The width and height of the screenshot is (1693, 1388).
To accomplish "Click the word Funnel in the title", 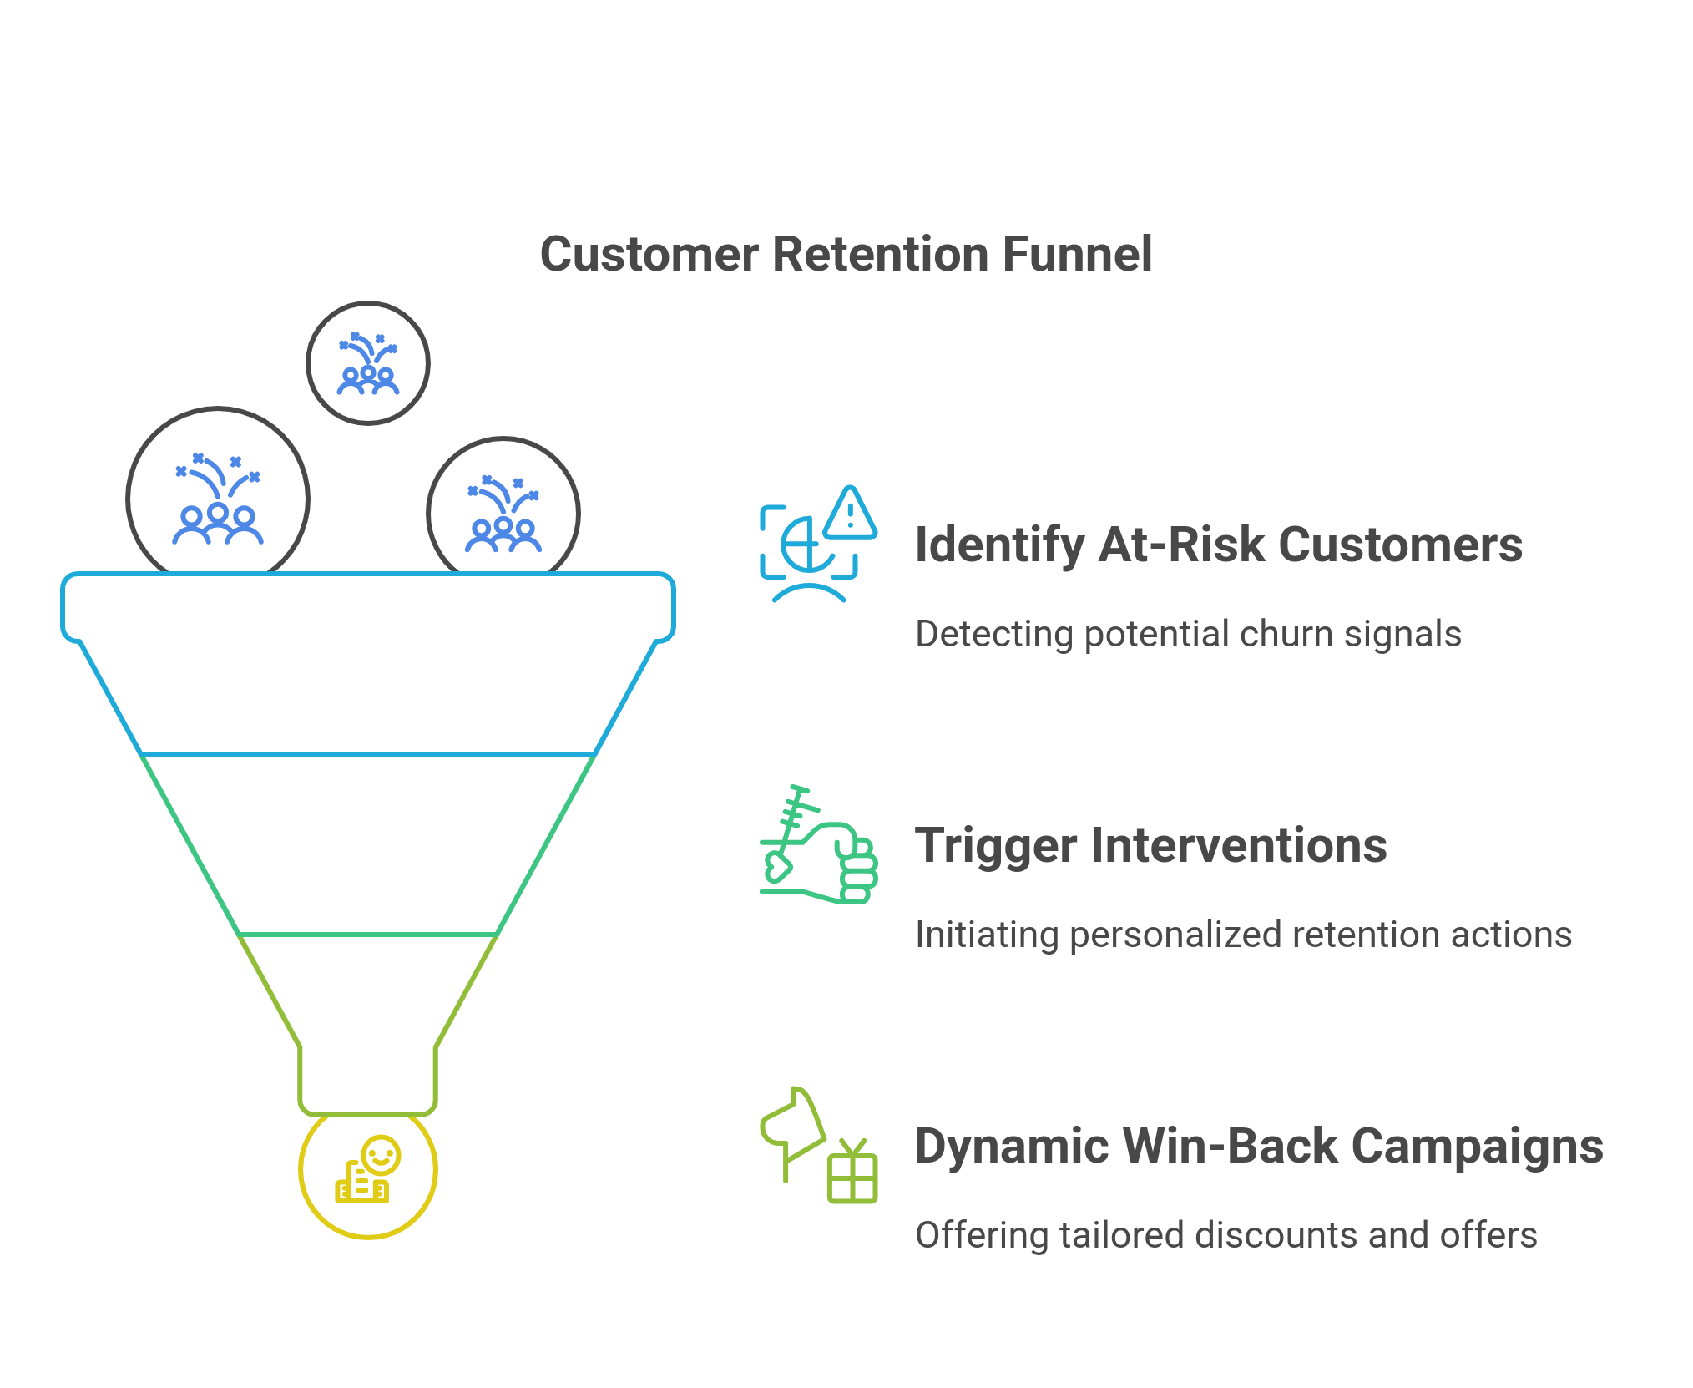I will pos(1077,254).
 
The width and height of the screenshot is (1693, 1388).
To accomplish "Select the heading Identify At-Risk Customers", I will pos(1218,545).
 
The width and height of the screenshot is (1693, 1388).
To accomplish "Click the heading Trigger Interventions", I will pos(1150,845).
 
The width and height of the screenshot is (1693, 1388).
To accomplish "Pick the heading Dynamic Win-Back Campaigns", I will pos(1258,1146).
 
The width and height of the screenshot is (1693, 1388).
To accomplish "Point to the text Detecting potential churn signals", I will pos(1187,634).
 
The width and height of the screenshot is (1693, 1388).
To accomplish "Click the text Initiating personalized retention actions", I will pos(1242,935).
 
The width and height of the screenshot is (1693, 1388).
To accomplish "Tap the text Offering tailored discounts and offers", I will pos(1226,1235).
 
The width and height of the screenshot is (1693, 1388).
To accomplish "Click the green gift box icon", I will pos(852,1173).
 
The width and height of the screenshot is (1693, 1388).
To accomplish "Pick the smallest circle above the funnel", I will pos(367,363).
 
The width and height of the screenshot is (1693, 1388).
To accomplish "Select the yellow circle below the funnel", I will pos(368,1173).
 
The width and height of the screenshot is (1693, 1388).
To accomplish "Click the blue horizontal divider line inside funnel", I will pos(367,754).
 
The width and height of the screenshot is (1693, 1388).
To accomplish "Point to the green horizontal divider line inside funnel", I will pos(367,935).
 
